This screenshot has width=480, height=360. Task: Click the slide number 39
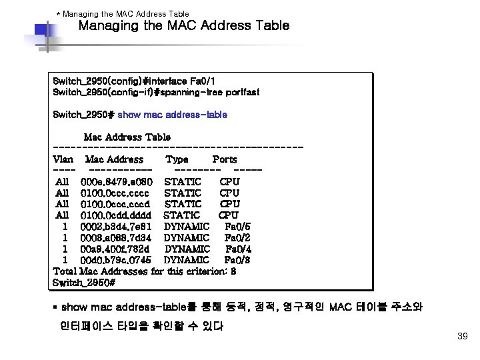tap(463, 336)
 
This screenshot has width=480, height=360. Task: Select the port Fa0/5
tap(237, 227)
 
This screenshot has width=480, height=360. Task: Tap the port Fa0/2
tap(237, 237)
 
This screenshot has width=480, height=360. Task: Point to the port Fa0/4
tap(237, 249)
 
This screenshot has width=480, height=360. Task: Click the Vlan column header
tap(63, 159)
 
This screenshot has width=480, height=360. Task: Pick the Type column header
tap(177, 159)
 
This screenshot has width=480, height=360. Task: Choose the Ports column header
tap(224, 159)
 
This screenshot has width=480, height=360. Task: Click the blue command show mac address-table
tap(172, 115)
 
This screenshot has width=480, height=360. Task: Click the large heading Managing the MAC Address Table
tap(184, 26)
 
